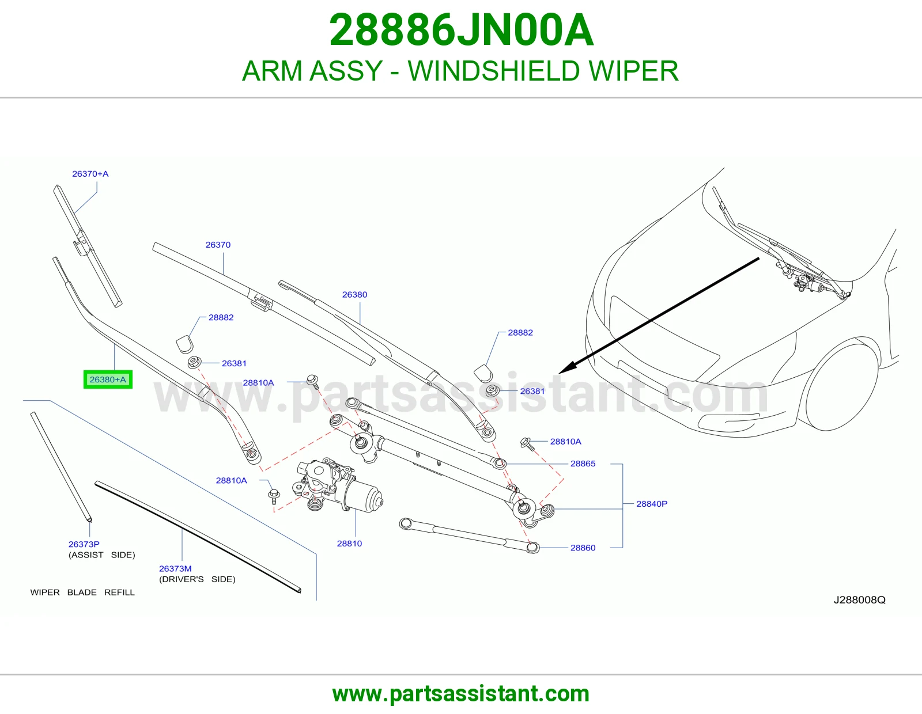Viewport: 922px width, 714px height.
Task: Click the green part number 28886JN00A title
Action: pos(461,30)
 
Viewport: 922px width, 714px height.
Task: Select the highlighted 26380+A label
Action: pos(108,379)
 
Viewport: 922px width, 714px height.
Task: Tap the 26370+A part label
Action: pos(90,174)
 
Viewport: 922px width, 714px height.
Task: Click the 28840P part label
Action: pos(652,504)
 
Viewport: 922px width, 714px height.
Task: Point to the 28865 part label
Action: pos(583,464)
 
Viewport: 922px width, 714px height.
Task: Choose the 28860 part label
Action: pos(583,548)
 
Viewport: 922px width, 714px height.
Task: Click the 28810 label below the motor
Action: pos(349,544)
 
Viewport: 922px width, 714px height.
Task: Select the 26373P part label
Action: pos(84,544)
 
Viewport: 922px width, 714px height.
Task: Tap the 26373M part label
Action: pos(175,568)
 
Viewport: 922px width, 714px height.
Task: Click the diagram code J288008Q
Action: pos(860,600)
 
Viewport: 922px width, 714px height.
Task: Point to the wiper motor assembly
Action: pos(337,485)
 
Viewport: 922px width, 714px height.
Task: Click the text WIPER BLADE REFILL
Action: pos(82,593)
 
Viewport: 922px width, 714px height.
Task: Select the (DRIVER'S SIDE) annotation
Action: pos(197,579)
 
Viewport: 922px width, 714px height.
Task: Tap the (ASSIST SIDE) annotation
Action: pos(102,555)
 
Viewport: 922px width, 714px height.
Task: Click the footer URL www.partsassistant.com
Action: pos(461,694)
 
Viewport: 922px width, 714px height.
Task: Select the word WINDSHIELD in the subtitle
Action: pos(494,71)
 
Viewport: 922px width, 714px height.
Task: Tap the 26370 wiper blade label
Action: pos(218,245)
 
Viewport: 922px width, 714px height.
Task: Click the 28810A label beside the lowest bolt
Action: pos(231,480)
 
